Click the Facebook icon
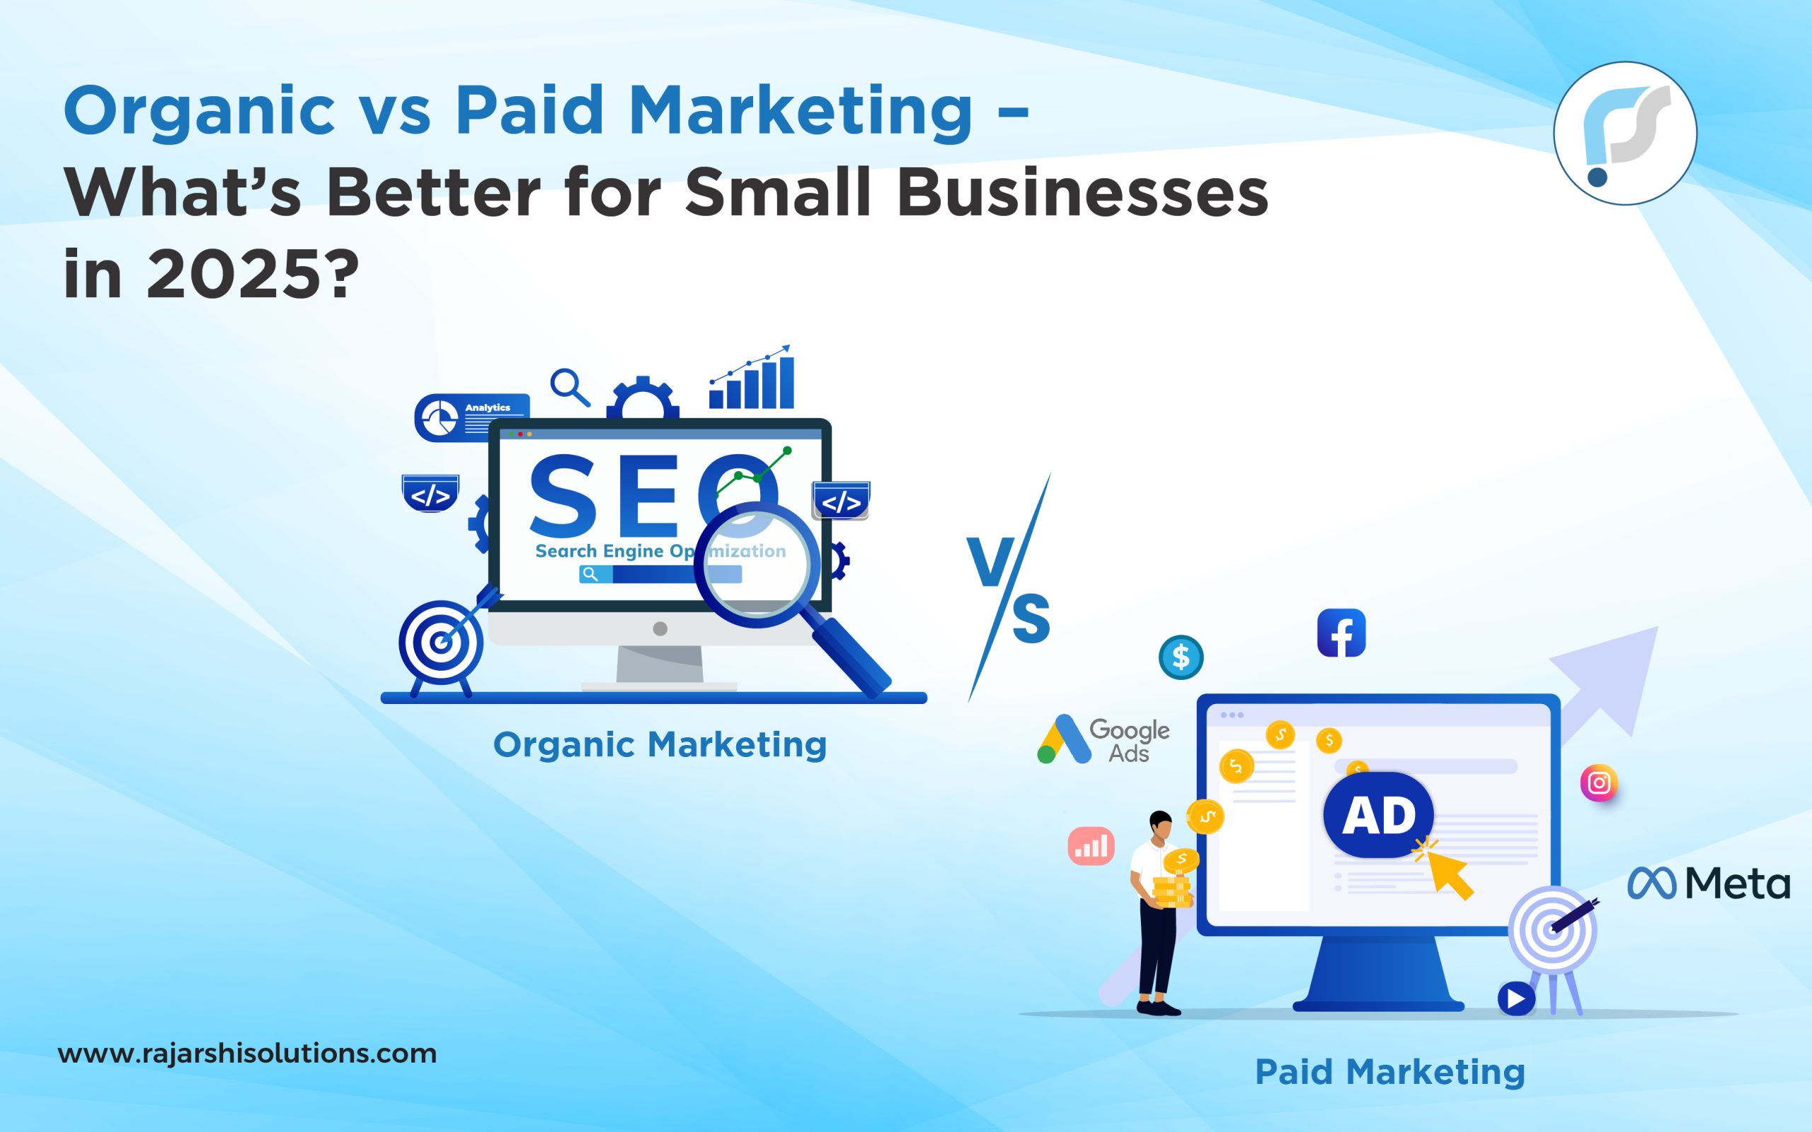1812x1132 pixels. click(1341, 633)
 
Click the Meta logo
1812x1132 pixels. click(1708, 884)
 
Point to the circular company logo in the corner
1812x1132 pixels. click(1625, 133)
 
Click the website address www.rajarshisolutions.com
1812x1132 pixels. click(247, 1053)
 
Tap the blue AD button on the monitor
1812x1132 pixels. click(1379, 815)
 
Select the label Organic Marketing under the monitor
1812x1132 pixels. click(660, 745)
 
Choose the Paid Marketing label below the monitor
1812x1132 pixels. click(1389, 1072)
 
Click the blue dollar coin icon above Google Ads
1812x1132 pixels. click(1181, 657)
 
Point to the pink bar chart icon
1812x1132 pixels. click(1091, 847)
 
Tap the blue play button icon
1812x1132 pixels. click(1516, 999)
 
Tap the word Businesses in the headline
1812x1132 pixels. click(1082, 193)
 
